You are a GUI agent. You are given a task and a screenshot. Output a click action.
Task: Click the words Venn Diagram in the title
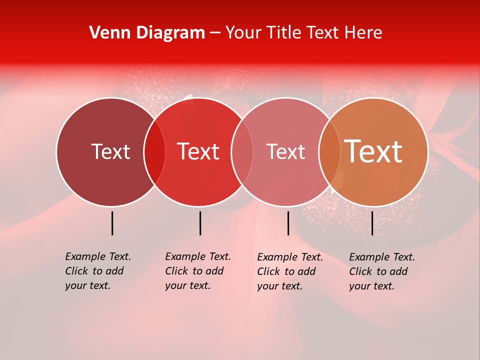tap(147, 33)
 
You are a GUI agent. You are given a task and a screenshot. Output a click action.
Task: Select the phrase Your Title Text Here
tap(303, 33)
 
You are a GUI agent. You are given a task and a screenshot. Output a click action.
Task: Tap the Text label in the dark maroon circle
tap(110, 151)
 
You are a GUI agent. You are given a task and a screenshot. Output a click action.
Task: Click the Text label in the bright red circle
tap(198, 151)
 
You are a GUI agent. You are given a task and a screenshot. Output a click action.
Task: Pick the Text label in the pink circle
tap(285, 151)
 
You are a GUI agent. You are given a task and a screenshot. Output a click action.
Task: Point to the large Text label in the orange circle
tap(373, 151)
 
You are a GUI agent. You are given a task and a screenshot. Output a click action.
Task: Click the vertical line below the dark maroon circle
tap(112, 223)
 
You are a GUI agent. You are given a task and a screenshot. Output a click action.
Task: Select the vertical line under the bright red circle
tap(200, 223)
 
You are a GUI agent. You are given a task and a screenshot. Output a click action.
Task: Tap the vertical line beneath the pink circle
tap(288, 223)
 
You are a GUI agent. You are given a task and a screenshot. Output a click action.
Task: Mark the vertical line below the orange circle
tap(372, 223)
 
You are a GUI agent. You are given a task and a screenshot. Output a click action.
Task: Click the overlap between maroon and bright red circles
tap(154, 151)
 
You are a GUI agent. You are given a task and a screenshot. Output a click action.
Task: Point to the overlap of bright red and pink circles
tap(241, 151)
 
